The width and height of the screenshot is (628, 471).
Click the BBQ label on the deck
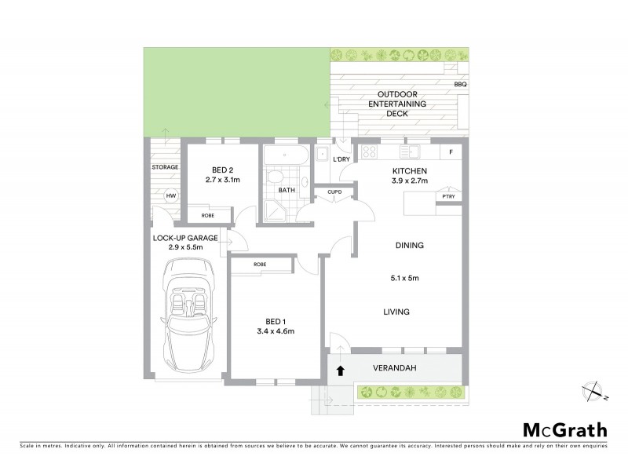[x=460, y=84]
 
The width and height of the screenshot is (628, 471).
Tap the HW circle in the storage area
[x=170, y=196]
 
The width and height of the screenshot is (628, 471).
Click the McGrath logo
[x=564, y=429]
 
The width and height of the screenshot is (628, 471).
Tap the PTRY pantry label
[x=449, y=198]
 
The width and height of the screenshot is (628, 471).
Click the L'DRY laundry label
[x=341, y=160]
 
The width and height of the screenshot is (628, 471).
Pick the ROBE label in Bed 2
[x=208, y=215]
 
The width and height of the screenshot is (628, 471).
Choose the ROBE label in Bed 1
[x=259, y=265]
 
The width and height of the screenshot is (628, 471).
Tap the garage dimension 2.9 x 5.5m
[x=185, y=247]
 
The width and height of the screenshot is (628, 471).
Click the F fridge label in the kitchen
[x=451, y=152]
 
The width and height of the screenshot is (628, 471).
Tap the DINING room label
[x=408, y=245]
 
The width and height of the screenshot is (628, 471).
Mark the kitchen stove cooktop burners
[x=371, y=152]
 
